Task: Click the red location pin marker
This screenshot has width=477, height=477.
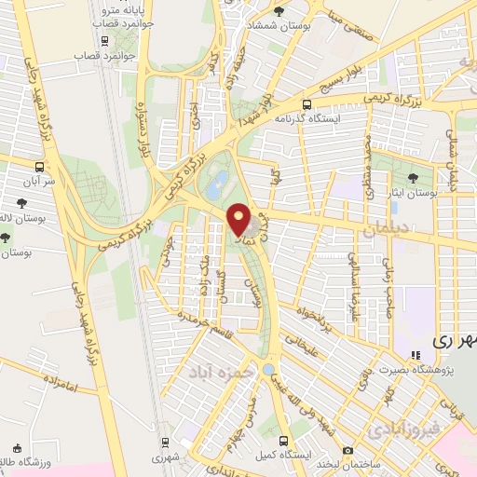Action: (x=239, y=221)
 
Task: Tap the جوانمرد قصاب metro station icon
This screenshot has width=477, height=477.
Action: (x=105, y=42)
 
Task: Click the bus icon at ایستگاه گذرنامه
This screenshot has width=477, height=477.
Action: (x=307, y=105)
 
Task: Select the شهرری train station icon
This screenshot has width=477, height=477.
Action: (x=165, y=441)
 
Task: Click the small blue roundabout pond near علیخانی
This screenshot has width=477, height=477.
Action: (x=268, y=368)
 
